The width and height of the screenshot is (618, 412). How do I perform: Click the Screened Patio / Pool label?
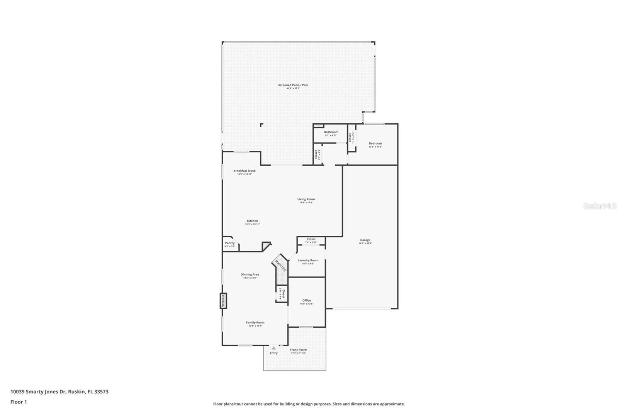pos(293,85)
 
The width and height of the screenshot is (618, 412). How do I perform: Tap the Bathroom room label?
pos(331,132)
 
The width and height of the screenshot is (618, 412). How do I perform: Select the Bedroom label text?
pos(375,143)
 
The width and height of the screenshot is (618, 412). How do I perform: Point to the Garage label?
pos(365,240)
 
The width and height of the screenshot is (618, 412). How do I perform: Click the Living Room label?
pos(306,199)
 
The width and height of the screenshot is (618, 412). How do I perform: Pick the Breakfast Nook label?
pos(244,171)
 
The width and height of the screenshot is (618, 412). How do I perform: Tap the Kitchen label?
pos(252,221)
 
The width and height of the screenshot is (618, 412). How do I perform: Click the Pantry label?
pos(229,243)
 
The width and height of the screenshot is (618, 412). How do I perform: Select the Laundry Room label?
pos(308,260)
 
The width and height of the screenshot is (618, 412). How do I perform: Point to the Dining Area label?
pos(250,274)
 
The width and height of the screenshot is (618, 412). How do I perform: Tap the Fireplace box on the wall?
pos(223,301)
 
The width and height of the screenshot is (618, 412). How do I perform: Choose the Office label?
pos(306,300)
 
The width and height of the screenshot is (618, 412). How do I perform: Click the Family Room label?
pos(255,322)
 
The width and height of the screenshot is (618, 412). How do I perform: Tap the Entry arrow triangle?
pos(274,348)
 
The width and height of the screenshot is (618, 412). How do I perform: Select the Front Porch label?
pos(298,350)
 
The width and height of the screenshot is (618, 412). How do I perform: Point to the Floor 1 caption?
pos(19,402)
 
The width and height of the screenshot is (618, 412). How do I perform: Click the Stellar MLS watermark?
pos(599,206)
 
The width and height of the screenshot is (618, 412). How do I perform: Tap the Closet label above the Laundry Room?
pos(311,239)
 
